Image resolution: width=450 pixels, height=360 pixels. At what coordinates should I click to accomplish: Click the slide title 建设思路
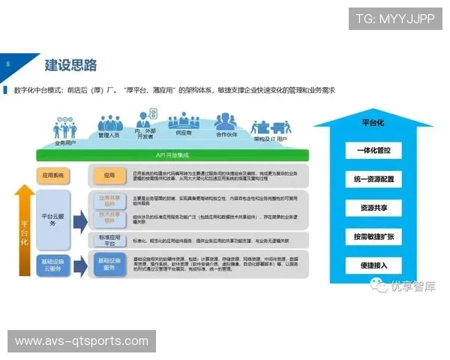(x=71, y=64)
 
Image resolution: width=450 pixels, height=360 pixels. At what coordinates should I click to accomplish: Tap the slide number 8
(x=7, y=64)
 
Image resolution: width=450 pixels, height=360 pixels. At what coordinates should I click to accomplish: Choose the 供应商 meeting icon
(x=182, y=121)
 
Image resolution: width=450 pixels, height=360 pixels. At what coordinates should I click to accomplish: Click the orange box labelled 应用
(x=109, y=176)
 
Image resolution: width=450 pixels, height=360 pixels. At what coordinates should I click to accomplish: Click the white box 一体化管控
(x=373, y=150)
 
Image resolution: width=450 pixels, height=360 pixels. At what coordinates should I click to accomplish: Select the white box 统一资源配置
(x=373, y=180)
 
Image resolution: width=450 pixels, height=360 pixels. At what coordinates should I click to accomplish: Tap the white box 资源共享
(x=373, y=208)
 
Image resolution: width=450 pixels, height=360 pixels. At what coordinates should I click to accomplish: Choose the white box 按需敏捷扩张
(x=373, y=236)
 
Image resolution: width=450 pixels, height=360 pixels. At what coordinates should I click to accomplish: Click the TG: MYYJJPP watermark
(x=394, y=19)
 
